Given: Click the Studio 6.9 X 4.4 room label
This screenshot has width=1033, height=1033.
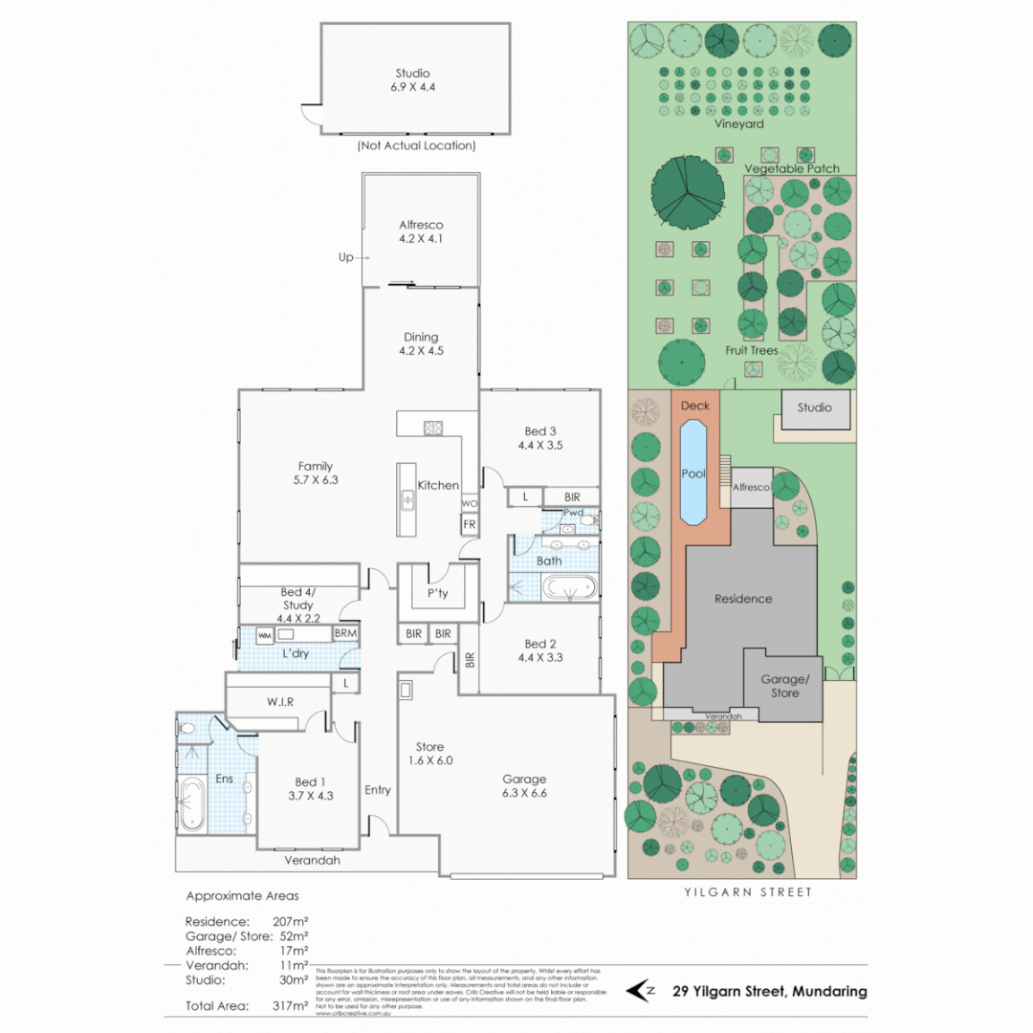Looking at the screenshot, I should coord(412,79).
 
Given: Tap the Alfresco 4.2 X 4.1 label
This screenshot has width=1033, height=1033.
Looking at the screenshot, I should coord(421,232).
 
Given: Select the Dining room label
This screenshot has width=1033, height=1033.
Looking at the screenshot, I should coord(421,343).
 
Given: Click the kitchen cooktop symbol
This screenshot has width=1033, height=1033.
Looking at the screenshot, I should coord(432,428).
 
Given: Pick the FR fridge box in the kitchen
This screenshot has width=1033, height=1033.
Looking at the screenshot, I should coord(469,525).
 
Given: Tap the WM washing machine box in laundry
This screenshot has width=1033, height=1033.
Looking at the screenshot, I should coord(265,634).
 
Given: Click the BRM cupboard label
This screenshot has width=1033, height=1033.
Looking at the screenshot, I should coord(345,634).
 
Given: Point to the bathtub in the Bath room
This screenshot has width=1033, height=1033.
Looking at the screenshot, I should coord(568,587).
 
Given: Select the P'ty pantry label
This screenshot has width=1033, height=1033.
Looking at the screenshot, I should coord(438,593).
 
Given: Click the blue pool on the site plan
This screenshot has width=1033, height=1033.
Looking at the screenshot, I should coord(692,473).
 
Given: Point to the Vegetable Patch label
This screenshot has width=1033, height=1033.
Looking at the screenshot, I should coord(792,168).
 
